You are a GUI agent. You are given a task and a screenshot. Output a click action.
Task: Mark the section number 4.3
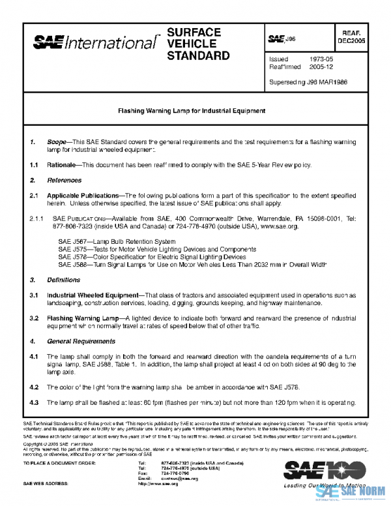34,402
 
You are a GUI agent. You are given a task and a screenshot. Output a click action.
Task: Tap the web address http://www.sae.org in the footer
158,484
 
